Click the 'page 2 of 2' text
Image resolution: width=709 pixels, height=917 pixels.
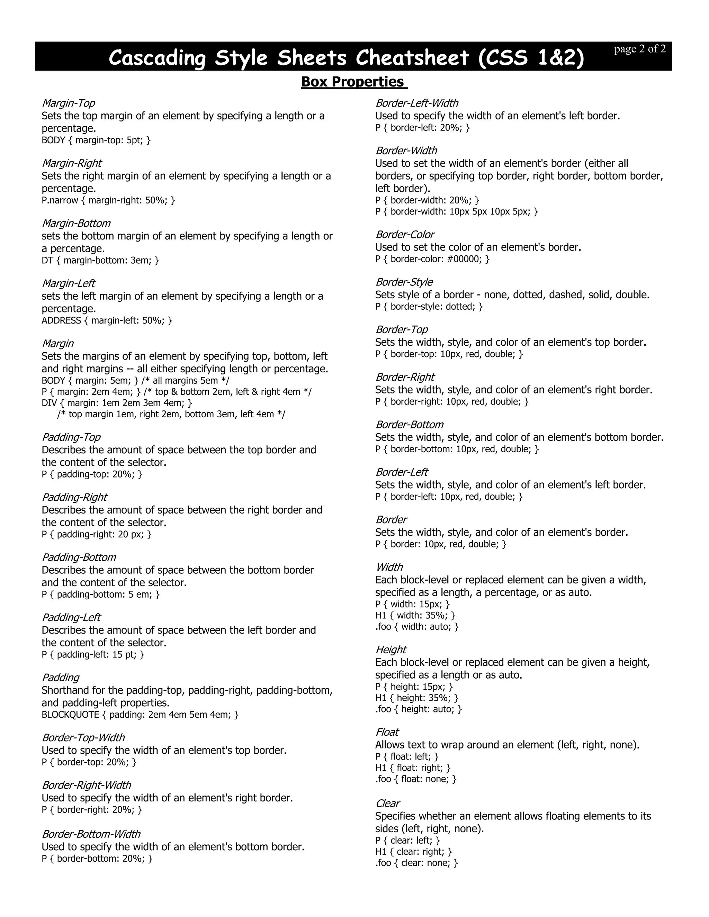pos(639,49)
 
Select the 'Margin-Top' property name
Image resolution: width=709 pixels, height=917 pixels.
pos(68,103)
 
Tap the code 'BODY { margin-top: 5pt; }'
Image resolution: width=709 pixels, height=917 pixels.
pos(96,140)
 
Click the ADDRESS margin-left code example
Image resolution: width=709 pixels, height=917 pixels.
pos(107,320)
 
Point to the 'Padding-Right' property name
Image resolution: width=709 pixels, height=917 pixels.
pos(74,497)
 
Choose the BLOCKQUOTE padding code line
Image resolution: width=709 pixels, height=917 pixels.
pos(140,714)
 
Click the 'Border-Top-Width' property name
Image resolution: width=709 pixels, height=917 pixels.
pos(83,737)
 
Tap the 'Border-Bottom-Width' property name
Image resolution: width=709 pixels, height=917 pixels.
pos(91,834)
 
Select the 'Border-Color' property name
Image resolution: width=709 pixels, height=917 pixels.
pos(404,234)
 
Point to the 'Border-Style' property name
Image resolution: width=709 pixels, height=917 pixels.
pos(404,282)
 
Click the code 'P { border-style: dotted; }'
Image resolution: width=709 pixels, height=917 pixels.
pos(429,307)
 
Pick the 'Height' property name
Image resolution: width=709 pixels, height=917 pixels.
pos(391,650)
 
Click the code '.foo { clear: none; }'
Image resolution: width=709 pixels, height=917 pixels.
pos(416,862)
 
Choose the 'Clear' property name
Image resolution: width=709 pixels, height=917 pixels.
pos(387,803)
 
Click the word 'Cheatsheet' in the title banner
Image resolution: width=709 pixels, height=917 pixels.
pos(412,57)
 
